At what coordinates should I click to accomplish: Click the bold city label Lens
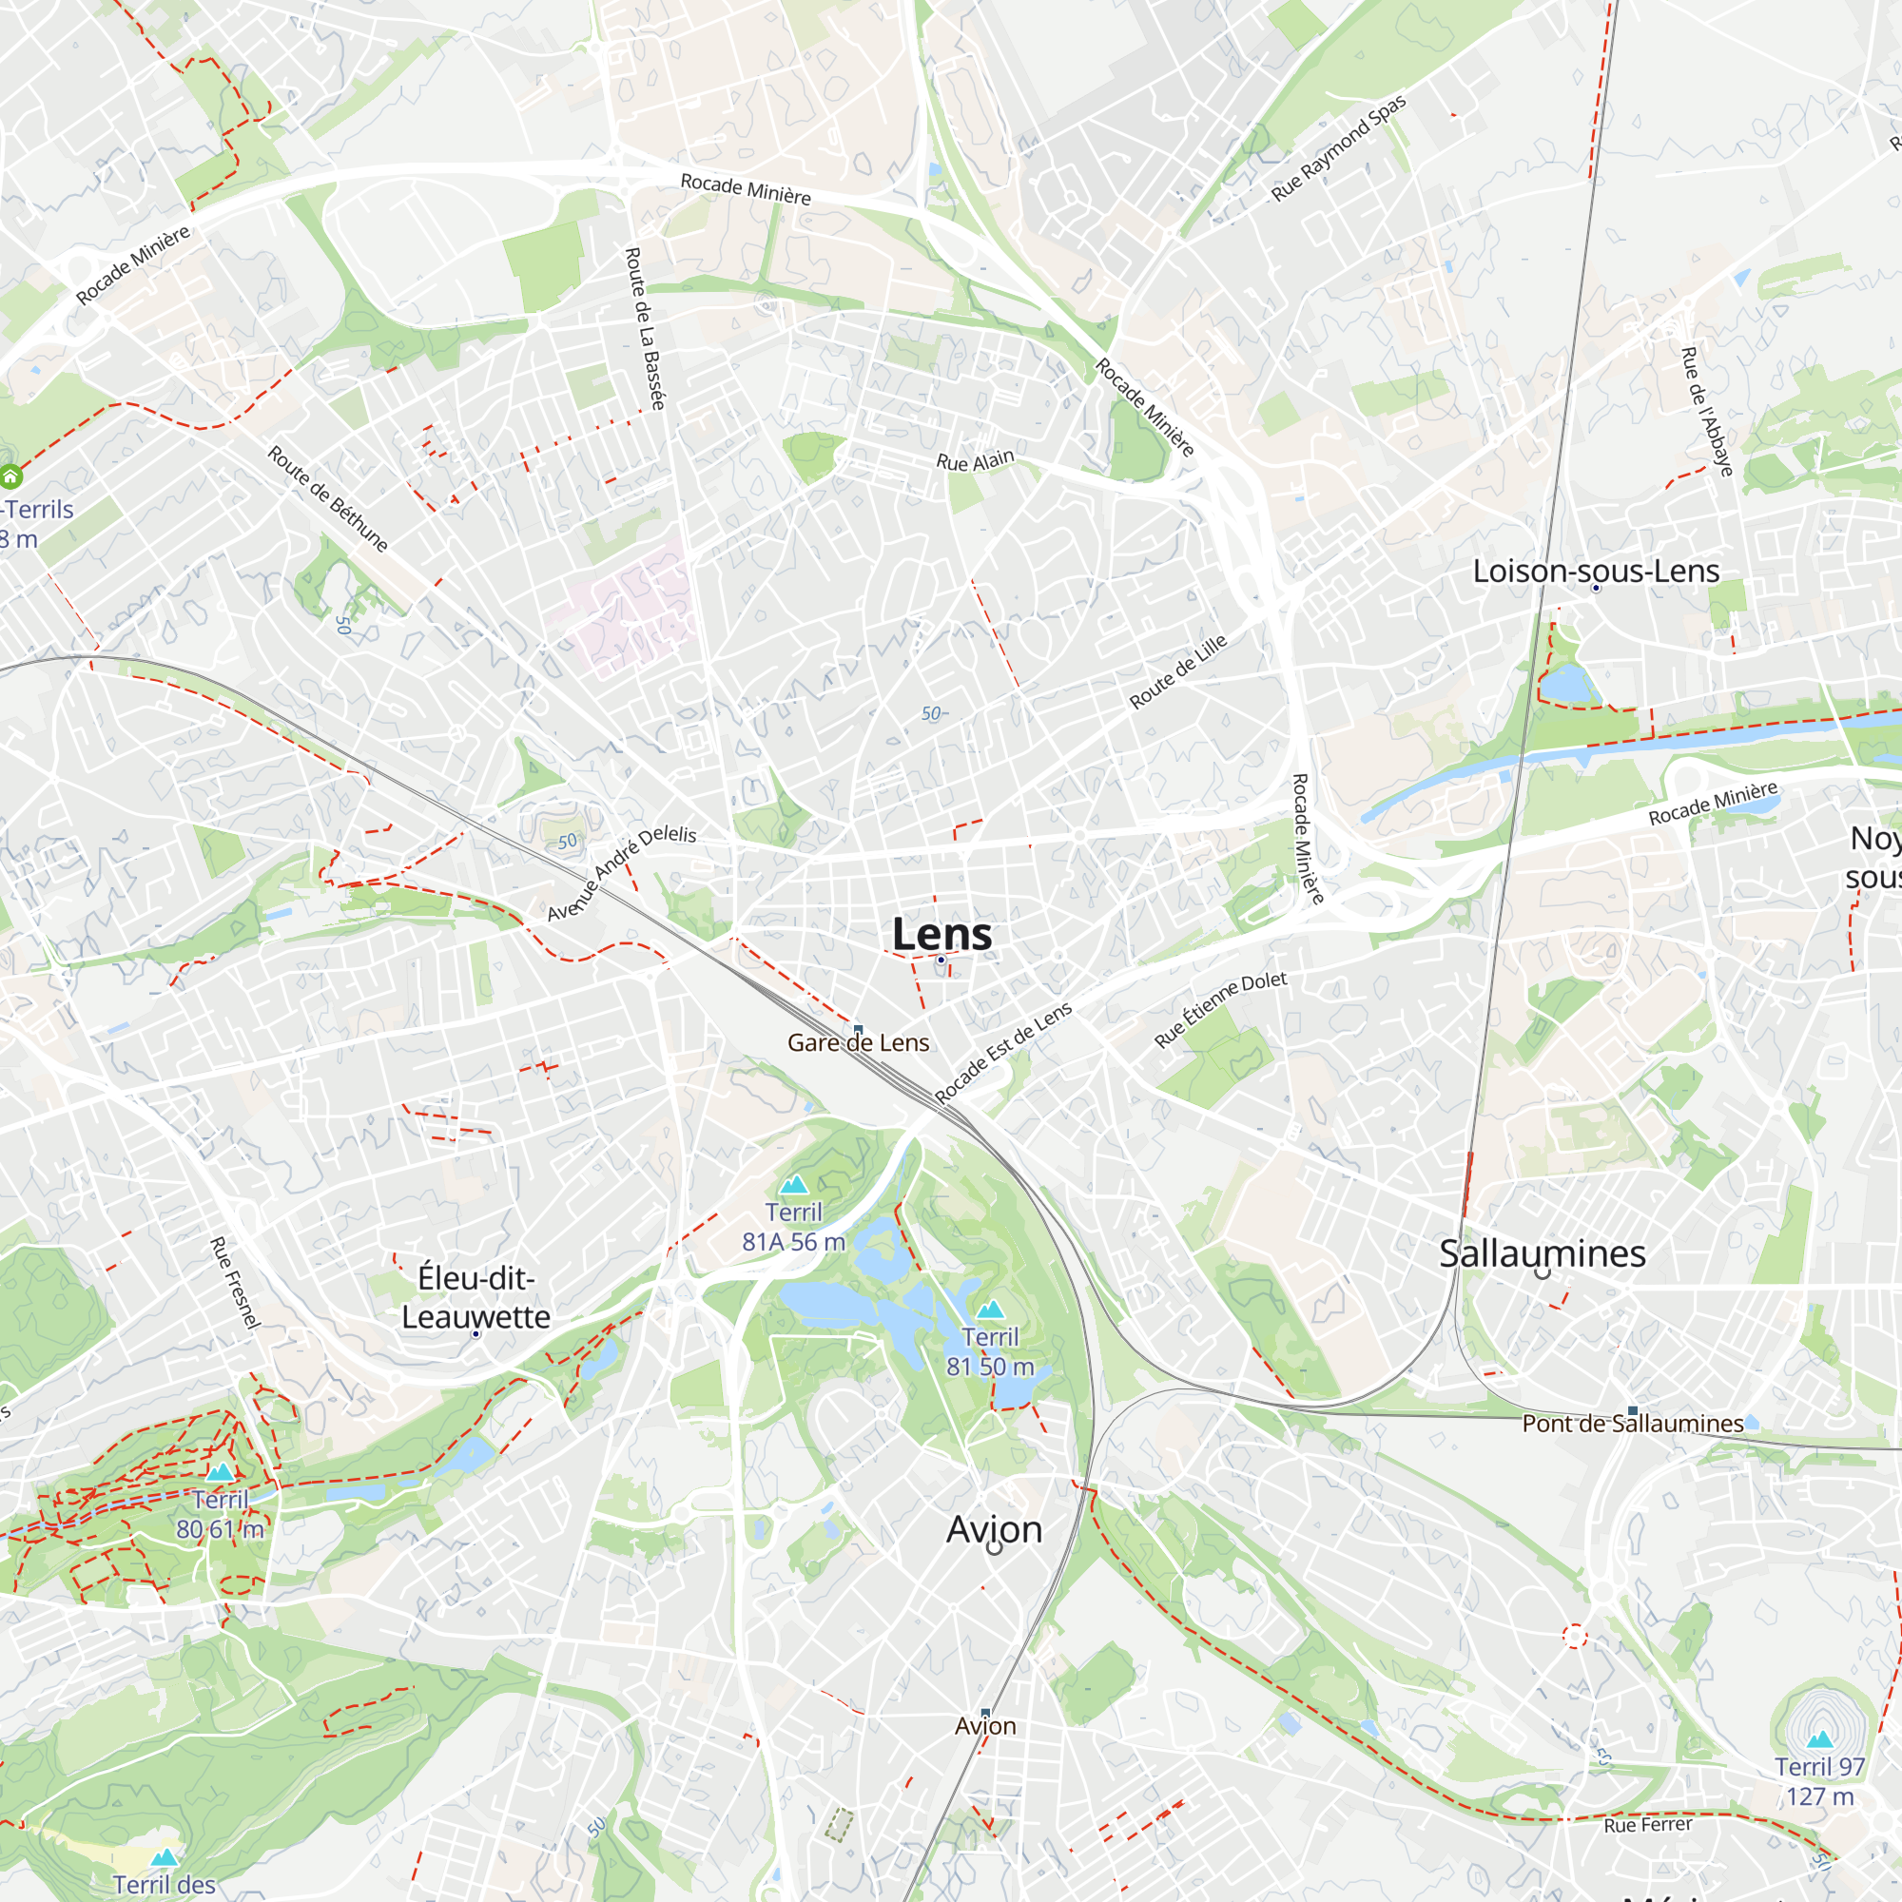(x=941, y=934)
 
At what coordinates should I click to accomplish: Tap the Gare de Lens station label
(x=858, y=1042)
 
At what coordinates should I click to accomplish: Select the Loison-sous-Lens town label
(x=1595, y=571)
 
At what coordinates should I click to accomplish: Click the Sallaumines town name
(x=1542, y=1253)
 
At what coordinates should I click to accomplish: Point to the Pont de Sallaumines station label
(x=1632, y=1424)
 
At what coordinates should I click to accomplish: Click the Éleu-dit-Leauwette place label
(x=475, y=1297)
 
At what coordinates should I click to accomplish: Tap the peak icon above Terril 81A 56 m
(x=793, y=1184)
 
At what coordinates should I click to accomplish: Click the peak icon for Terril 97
(x=1819, y=1739)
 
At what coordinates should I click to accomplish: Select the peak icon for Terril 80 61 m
(x=220, y=1472)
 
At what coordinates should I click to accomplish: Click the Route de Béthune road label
(x=328, y=499)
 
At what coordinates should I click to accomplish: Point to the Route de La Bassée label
(x=645, y=328)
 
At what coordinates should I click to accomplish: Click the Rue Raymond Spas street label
(x=1338, y=147)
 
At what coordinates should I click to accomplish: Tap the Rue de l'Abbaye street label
(x=1706, y=412)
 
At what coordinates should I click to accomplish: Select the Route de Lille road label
(x=1177, y=670)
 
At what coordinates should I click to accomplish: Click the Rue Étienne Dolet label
(x=1220, y=1009)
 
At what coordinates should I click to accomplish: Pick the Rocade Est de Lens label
(x=1002, y=1053)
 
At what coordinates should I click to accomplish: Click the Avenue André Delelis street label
(x=621, y=872)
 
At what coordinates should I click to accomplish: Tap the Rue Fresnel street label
(x=235, y=1283)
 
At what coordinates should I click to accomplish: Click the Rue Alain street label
(x=974, y=460)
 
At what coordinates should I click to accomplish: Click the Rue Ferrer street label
(x=1647, y=1825)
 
